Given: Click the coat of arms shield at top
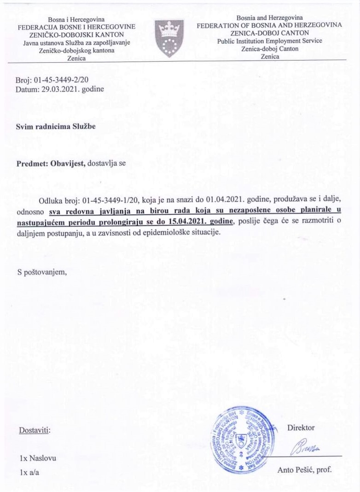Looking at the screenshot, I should tap(170, 39).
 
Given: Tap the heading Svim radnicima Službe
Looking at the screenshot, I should tap(56, 126).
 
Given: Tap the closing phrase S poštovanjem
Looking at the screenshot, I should tap(42, 271).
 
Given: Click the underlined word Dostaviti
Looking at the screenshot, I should tap(35, 431).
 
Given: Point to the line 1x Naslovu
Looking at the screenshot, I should tap(38, 458).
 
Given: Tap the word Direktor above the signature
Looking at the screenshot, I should tap(301, 428).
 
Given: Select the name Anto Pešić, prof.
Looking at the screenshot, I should tap(304, 470).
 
